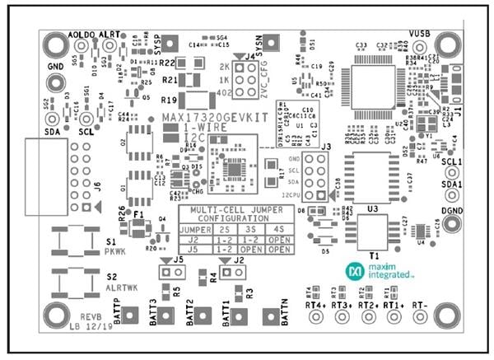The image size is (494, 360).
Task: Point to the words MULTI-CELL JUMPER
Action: pyautogui.click(x=223, y=210)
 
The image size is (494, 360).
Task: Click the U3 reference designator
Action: pyautogui.click(x=372, y=209)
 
